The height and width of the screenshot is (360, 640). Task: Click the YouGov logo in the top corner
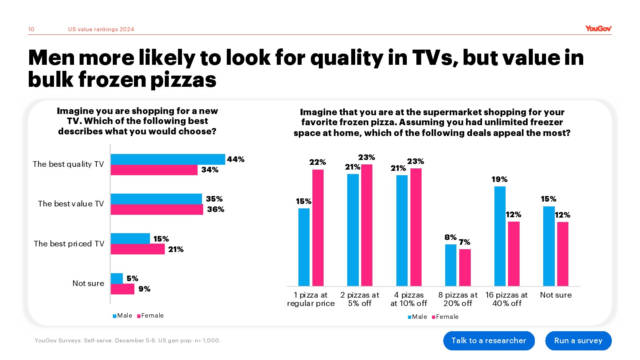click(x=598, y=28)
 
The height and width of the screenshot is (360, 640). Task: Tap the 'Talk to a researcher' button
click(x=488, y=340)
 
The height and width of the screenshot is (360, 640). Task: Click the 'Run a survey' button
click(x=578, y=340)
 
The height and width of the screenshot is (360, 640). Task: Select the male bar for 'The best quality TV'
click(x=168, y=159)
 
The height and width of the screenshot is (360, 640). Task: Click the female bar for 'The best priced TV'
click(x=138, y=249)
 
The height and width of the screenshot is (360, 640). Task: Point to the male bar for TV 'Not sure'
click(x=117, y=278)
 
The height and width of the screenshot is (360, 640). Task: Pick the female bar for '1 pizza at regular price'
click(x=318, y=228)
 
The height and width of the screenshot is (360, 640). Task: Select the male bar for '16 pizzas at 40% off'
click(x=500, y=236)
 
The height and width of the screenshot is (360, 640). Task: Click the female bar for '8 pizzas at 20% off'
click(x=465, y=267)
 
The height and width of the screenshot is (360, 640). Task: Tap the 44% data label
click(x=236, y=159)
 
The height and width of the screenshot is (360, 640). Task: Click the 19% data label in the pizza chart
click(x=500, y=180)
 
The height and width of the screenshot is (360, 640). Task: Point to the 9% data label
click(x=144, y=289)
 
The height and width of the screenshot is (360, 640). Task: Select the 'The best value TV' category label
click(x=71, y=204)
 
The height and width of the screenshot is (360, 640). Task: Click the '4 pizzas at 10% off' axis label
click(x=409, y=299)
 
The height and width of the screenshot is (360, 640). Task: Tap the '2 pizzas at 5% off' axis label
click(x=360, y=299)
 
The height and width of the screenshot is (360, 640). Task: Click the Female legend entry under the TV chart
click(x=150, y=316)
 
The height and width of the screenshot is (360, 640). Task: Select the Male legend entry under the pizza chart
click(x=417, y=317)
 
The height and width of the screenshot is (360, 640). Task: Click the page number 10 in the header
click(x=31, y=29)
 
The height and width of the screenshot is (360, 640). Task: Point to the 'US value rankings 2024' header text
click(x=101, y=29)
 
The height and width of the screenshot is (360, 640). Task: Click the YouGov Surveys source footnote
click(x=128, y=340)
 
